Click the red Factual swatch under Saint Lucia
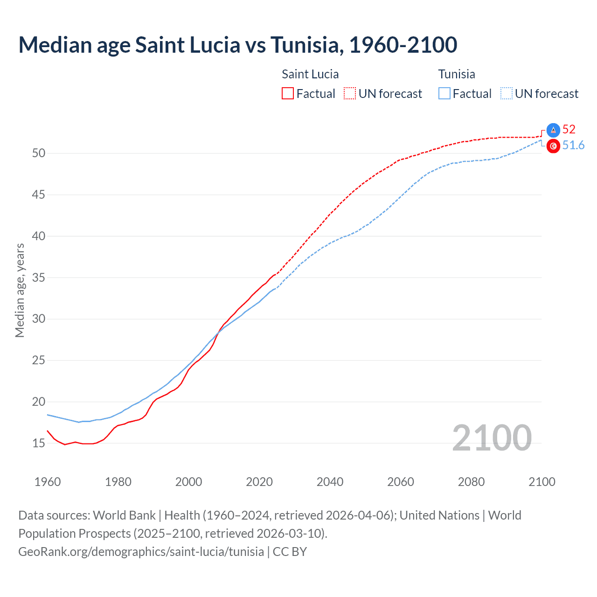pyautogui.click(x=288, y=94)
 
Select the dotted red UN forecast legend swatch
pyautogui.click(x=350, y=94)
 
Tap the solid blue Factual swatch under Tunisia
pyautogui.click(x=444, y=94)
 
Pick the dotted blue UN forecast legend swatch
pyautogui.click(x=507, y=94)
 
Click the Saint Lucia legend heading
pyautogui.click(x=310, y=74)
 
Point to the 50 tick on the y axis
pyautogui.click(x=39, y=153)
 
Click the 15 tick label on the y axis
pyautogui.click(x=39, y=443)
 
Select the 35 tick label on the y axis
pyautogui.click(x=39, y=278)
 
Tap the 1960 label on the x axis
pyautogui.click(x=48, y=482)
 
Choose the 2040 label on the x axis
pyautogui.click(x=330, y=482)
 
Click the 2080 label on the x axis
pyautogui.click(x=471, y=482)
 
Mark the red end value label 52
pyautogui.click(x=569, y=129)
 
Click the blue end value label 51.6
pyautogui.click(x=573, y=146)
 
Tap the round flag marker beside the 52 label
pyautogui.click(x=553, y=130)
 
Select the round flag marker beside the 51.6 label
pyautogui.click(x=553, y=146)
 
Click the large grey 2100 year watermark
pyautogui.click(x=492, y=437)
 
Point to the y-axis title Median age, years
pyautogui.click(x=20, y=290)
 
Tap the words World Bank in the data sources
pyautogui.click(x=124, y=515)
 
